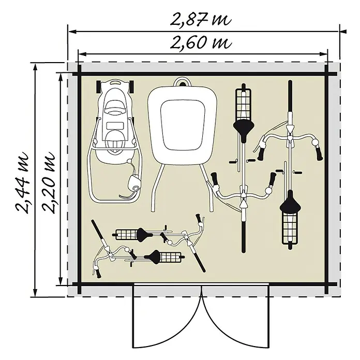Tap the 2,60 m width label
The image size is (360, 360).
(x=201, y=42)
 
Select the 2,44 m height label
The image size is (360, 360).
(x=23, y=183)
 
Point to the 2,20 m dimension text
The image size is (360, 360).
(x=49, y=183)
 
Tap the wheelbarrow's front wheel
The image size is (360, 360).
(x=183, y=82)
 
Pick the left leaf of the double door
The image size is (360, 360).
(x=168, y=319)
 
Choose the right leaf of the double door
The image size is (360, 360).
(x=235, y=319)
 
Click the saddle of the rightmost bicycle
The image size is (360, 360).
(x=291, y=204)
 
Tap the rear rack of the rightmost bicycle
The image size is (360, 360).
(x=291, y=228)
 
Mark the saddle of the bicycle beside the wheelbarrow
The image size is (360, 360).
(x=244, y=128)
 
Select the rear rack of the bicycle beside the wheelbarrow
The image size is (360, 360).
(x=244, y=105)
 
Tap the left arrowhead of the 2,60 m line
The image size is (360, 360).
(x=82, y=54)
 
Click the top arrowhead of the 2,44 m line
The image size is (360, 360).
(x=35, y=68)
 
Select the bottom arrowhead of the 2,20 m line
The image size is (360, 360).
(x=61, y=281)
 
